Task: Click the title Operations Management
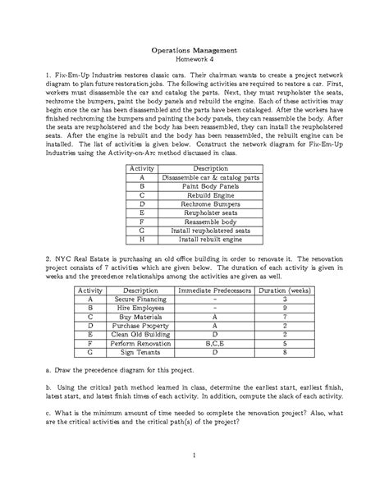(x=194, y=49)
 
